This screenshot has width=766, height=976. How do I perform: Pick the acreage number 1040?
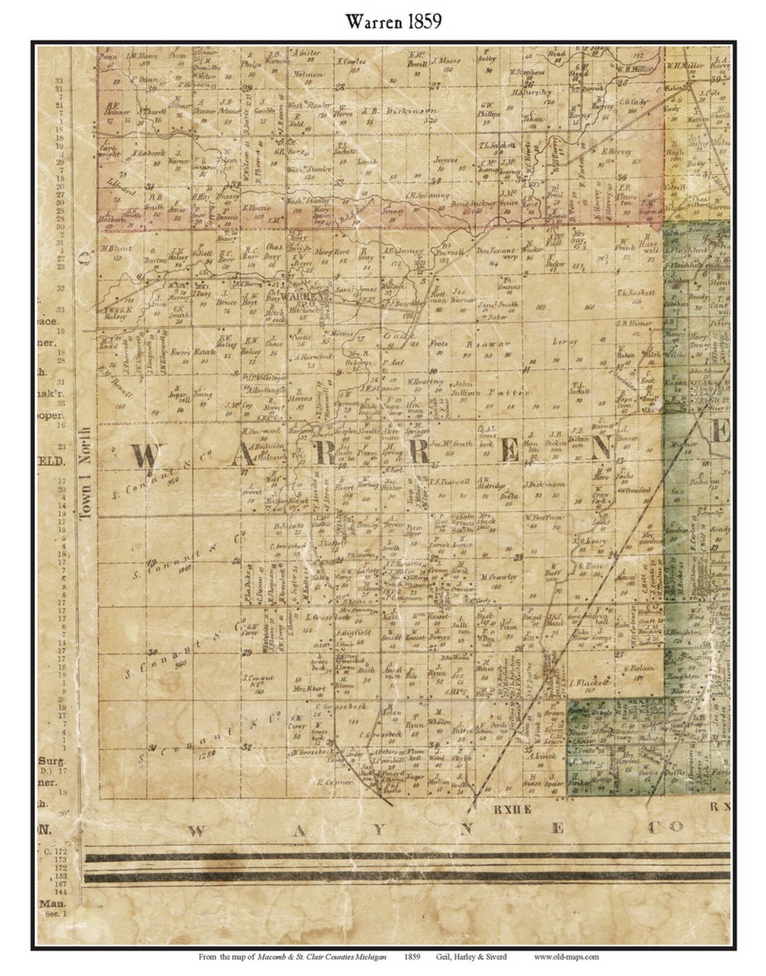[184, 569]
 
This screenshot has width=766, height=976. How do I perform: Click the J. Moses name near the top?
[442, 62]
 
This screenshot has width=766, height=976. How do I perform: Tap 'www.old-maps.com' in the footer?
[565, 957]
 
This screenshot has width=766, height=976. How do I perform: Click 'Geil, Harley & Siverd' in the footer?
[471, 957]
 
